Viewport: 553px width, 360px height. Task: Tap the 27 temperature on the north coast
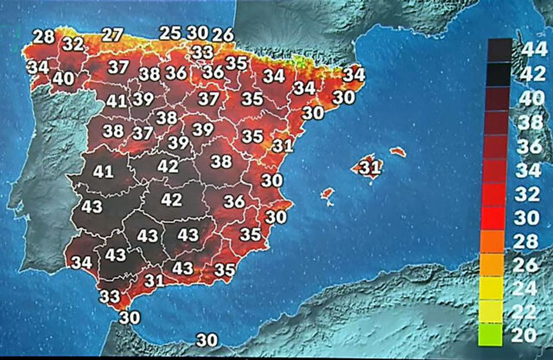(112, 35)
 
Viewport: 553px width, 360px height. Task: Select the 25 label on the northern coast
(170, 33)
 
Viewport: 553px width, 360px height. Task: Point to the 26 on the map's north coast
(223, 35)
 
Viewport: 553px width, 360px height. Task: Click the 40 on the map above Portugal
(63, 78)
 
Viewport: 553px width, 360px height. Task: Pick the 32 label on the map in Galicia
(73, 44)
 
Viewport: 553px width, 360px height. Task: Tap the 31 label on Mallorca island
(369, 166)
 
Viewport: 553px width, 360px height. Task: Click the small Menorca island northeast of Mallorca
(397, 152)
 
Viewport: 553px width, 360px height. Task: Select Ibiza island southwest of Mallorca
(327, 195)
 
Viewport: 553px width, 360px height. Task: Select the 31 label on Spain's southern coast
(155, 280)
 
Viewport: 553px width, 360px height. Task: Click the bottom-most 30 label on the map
(207, 340)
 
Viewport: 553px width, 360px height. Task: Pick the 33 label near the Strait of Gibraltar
(110, 296)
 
